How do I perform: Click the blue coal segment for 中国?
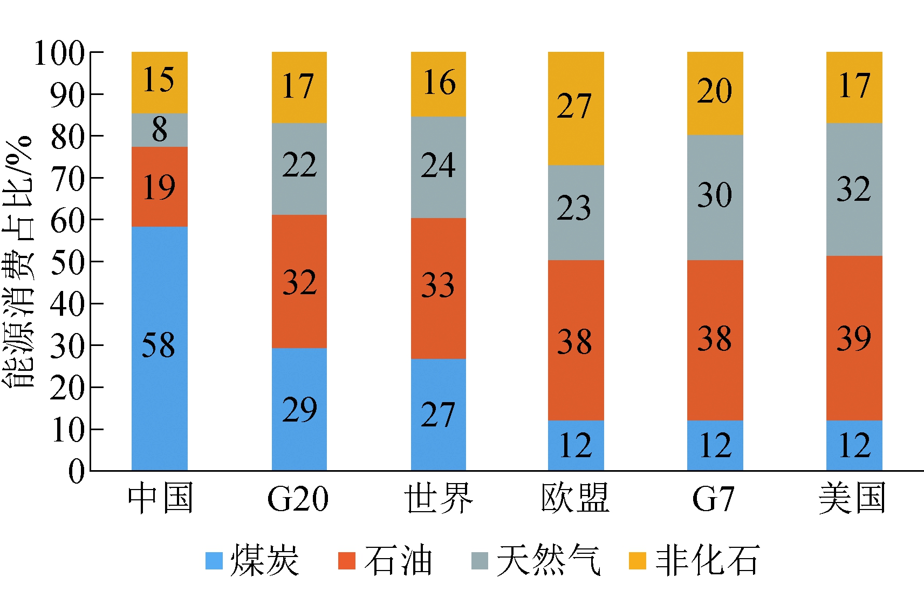(159, 378)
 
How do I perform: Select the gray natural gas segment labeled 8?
(159, 130)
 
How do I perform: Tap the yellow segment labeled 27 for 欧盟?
(576, 108)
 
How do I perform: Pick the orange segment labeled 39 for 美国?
(854, 338)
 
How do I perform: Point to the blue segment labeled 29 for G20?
(299, 409)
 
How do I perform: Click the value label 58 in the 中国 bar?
(159, 345)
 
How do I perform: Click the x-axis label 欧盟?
(575, 498)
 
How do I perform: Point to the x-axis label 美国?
(852, 498)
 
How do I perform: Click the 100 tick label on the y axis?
(59, 53)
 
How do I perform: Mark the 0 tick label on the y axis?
(77, 472)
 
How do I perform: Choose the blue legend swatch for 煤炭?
(214, 561)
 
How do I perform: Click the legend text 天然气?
(548, 560)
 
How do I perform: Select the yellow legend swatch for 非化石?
(638, 561)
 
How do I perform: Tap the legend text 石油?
(398, 560)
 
